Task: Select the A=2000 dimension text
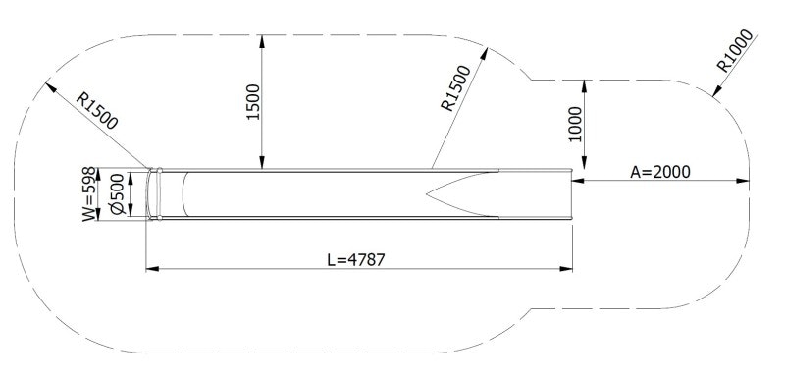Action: pos(660,171)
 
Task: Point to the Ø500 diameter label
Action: pos(118,194)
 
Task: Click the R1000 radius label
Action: pos(735,53)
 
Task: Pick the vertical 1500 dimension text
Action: pos(253,102)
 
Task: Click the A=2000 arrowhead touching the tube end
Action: pos(577,181)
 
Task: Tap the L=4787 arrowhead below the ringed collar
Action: pos(150,267)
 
